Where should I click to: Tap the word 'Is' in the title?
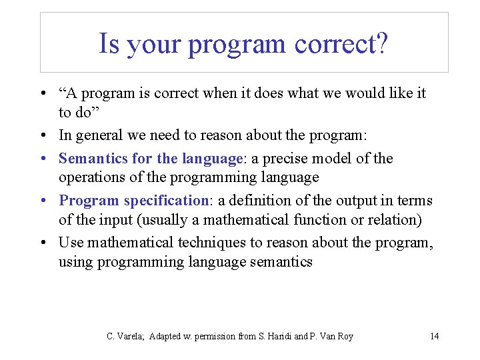[109, 44]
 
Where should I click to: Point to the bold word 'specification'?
[166, 201]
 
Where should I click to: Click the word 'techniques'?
[188, 243]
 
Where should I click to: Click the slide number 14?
[435, 336]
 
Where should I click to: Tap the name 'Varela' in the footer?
[131, 336]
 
